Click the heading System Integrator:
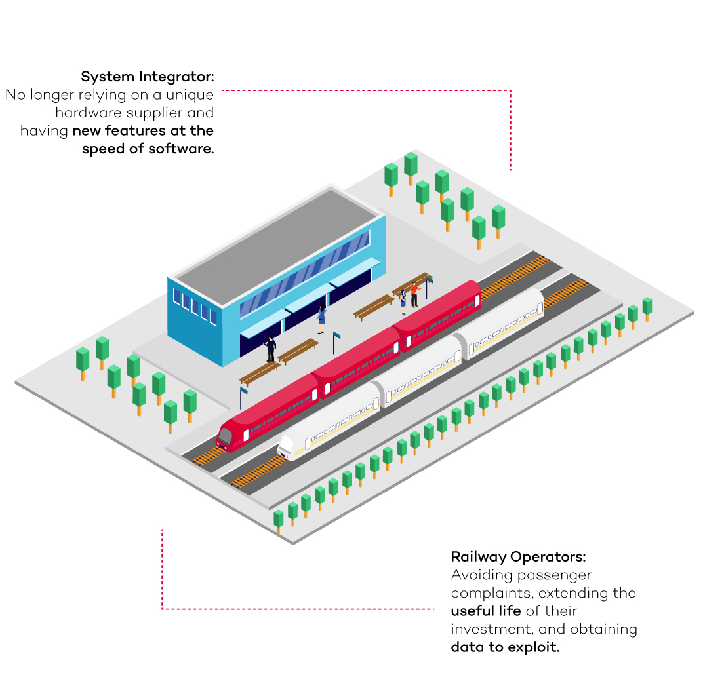(x=148, y=76)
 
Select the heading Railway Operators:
(x=518, y=557)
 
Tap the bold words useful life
(x=486, y=611)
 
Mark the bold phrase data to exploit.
(x=505, y=647)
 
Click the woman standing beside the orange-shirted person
(x=403, y=299)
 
